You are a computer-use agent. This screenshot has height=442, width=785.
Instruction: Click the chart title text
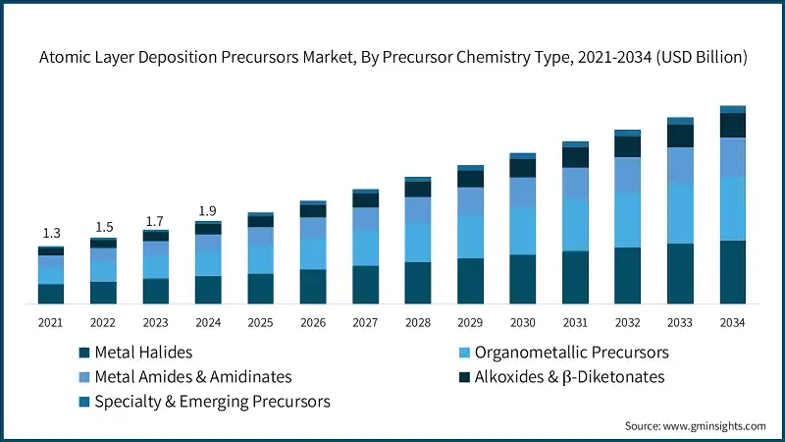392,58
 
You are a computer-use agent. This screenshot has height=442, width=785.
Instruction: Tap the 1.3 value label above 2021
51,233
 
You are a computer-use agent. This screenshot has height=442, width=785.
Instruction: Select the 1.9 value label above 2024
208,210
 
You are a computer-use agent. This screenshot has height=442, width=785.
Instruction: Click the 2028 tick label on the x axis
418,322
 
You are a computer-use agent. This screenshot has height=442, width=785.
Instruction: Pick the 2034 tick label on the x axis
732,322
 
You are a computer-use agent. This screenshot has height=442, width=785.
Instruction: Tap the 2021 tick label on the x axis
51,322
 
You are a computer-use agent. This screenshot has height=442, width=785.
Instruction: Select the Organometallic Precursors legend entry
571,352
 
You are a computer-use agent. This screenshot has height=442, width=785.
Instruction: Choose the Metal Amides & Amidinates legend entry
191,376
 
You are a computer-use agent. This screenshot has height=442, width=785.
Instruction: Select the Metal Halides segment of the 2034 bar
732,271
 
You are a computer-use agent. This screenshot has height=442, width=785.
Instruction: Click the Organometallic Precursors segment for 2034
732,208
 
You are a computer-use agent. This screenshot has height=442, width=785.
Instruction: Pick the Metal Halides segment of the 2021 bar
51,293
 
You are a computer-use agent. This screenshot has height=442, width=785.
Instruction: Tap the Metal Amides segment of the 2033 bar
680,166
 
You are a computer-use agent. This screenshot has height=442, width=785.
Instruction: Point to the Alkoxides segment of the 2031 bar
575,157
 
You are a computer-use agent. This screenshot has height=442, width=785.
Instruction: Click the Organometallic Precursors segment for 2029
470,237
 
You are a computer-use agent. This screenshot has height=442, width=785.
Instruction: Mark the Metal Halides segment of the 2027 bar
366,284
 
